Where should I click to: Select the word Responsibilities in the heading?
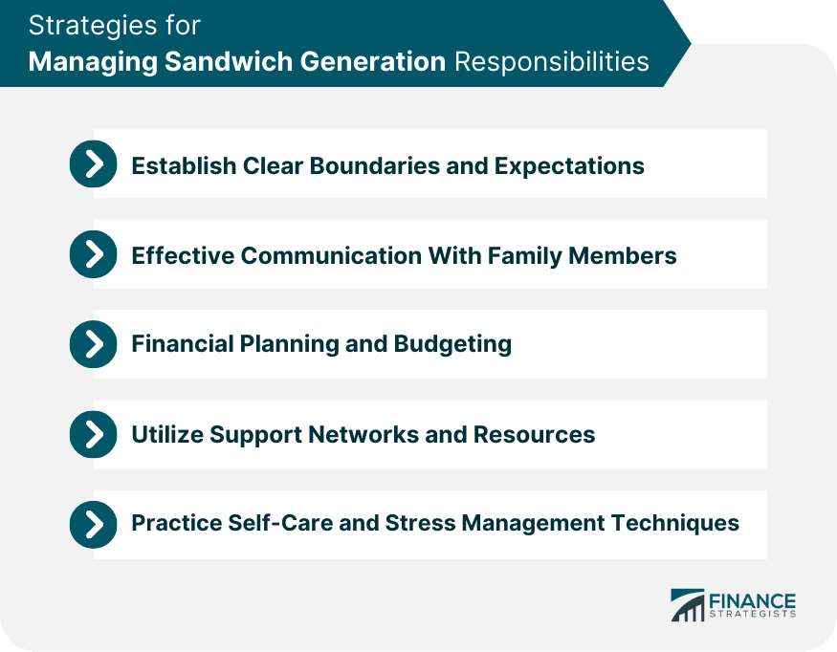pos(552,61)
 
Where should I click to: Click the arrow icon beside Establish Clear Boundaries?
pos(94,163)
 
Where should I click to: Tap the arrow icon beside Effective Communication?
pos(94,254)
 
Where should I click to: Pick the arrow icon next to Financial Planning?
pos(94,344)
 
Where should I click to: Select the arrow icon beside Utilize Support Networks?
pos(94,434)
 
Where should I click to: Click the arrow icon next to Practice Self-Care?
pos(94,525)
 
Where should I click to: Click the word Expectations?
pos(569,166)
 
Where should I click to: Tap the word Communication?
pos(331,255)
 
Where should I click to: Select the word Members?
pos(623,255)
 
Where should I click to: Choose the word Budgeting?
pos(452,344)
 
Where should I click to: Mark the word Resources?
pos(535,434)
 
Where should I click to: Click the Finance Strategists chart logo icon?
pos(688,605)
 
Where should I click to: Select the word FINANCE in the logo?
pos(752,601)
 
